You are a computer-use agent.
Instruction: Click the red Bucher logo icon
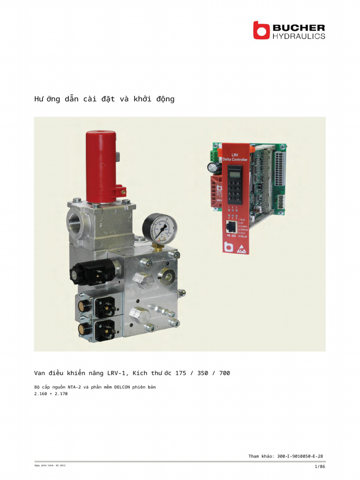click(262, 30)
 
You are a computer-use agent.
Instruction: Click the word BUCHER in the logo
click(299, 27)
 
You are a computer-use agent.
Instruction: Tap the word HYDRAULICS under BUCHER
click(299, 36)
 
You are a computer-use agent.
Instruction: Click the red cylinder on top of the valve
click(100, 166)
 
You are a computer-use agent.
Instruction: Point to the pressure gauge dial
click(160, 229)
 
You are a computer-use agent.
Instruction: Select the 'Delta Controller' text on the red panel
click(235, 159)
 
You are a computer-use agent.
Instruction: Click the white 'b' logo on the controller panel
click(229, 247)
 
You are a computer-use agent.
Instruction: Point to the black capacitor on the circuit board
click(212, 167)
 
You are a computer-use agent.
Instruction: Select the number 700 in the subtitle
click(225, 373)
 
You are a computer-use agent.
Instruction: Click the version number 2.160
click(41, 394)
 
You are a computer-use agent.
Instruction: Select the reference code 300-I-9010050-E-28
click(300, 456)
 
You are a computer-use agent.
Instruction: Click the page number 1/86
click(320, 466)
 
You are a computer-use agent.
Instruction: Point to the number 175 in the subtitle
click(180, 373)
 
